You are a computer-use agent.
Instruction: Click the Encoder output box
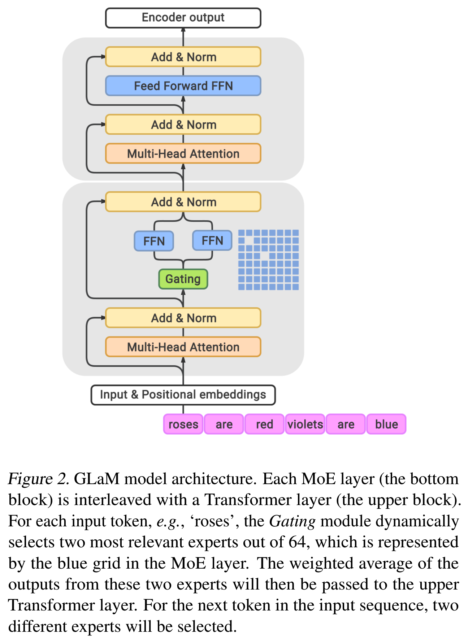click(x=183, y=18)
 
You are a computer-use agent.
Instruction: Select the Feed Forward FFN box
click(x=183, y=86)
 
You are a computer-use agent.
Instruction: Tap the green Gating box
click(x=183, y=279)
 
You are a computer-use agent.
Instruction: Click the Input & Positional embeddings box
click(x=183, y=395)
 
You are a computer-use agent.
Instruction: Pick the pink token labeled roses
click(x=183, y=424)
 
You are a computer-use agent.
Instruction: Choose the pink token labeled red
click(x=264, y=424)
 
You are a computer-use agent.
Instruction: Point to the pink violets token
click(x=305, y=424)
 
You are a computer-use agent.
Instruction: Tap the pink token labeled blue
click(x=386, y=424)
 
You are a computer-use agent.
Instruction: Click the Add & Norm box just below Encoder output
click(x=183, y=57)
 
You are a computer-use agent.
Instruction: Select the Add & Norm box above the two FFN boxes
click(x=183, y=202)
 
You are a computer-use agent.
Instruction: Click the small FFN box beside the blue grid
click(x=212, y=241)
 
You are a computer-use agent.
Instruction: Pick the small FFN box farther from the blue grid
click(x=154, y=241)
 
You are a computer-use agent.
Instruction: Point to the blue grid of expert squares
click(x=268, y=260)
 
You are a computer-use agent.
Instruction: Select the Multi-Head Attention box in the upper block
click(x=183, y=154)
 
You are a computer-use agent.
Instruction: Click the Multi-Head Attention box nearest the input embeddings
click(x=183, y=347)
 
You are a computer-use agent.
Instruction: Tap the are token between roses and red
click(x=224, y=424)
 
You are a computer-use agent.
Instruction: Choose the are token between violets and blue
click(x=346, y=424)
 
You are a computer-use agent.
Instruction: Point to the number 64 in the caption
click(x=298, y=542)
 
